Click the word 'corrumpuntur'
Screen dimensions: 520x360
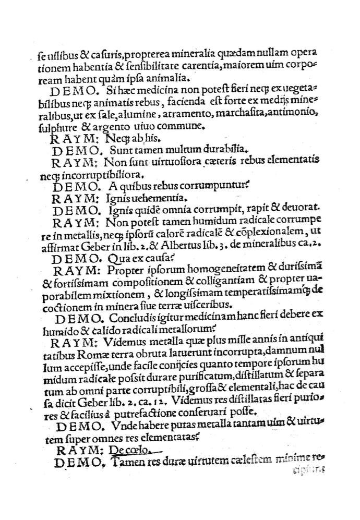[x=197, y=186]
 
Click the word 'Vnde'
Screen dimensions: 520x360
[x=117, y=425]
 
